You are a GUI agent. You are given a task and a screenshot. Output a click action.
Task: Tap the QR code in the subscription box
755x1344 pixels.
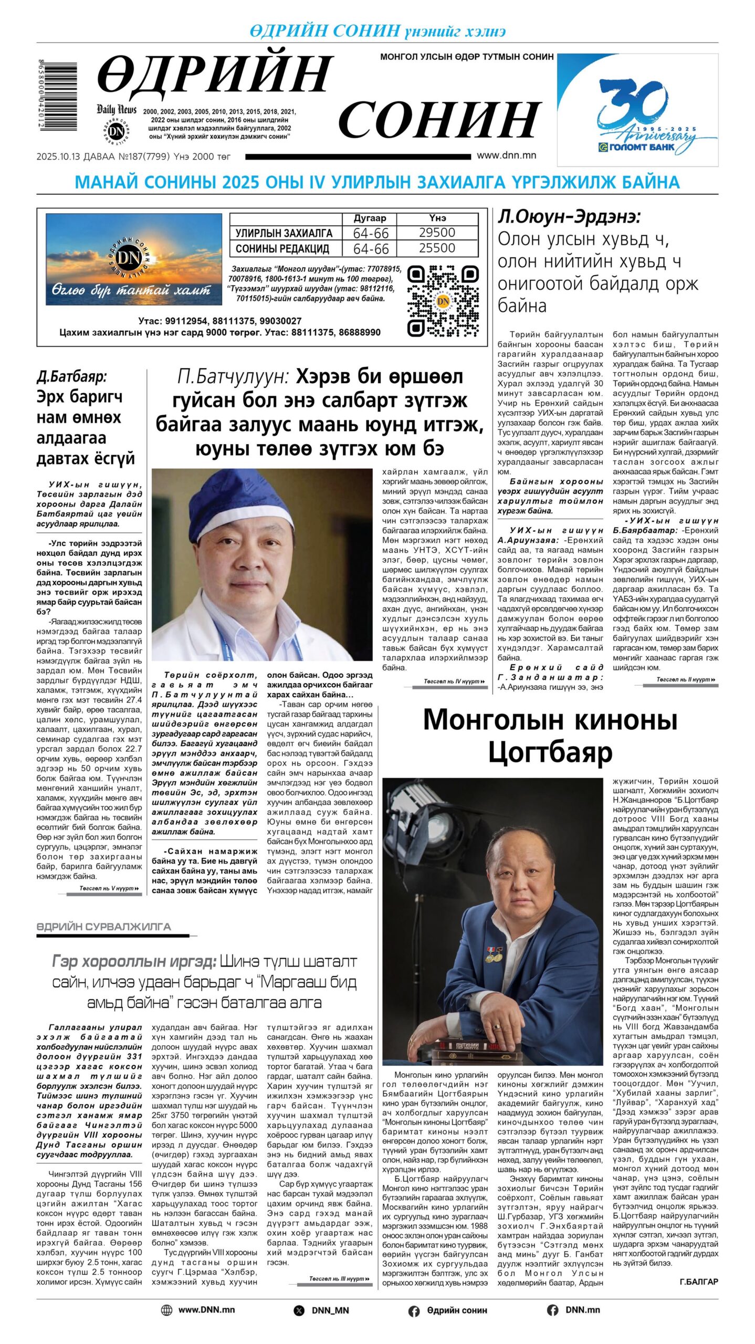pyautogui.click(x=443, y=301)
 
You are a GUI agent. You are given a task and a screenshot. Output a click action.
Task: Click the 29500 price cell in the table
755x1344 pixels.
pyautogui.click(x=437, y=233)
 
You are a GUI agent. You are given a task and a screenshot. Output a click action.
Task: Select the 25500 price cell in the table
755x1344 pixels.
pyautogui.click(x=437, y=248)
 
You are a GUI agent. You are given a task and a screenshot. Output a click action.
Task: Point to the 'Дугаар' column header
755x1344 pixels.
pyautogui.click(x=370, y=218)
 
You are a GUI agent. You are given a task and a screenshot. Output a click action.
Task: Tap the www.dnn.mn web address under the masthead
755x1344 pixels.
pyautogui.click(x=506, y=155)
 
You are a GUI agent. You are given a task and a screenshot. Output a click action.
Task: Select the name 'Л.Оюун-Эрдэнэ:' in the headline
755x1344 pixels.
pyautogui.click(x=569, y=217)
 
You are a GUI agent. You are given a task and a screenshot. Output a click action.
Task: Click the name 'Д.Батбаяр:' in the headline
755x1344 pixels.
pyautogui.click(x=71, y=376)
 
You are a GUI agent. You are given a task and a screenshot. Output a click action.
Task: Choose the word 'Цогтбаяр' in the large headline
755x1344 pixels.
pyautogui.click(x=550, y=753)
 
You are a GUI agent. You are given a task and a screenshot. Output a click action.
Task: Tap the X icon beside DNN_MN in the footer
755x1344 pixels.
pyautogui.click(x=299, y=1310)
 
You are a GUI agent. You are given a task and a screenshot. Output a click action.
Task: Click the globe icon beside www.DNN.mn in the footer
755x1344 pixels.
pyautogui.click(x=166, y=1310)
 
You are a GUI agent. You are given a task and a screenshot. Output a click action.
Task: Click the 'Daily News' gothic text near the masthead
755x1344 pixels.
pyautogui.click(x=116, y=109)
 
